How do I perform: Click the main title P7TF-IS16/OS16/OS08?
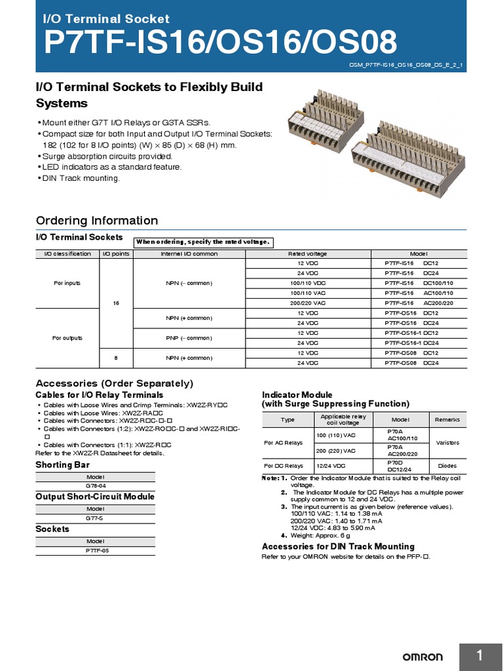[220, 43]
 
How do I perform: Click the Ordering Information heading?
[97, 221]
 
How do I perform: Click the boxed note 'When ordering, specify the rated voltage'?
[203, 242]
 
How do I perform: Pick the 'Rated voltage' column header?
[307, 254]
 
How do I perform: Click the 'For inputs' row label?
[67, 283]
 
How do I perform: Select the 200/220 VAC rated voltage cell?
[307, 303]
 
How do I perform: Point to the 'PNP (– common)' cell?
[189, 338]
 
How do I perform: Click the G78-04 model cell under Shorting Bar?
[95, 486]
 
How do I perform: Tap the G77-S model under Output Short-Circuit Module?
[95, 518]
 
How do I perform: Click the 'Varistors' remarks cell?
[448, 443]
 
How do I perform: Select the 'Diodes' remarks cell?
[448, 466]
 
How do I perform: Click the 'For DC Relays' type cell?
[284, 466]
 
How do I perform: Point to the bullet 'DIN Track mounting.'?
[81, 179]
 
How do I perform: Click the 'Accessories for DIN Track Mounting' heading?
[338, 546]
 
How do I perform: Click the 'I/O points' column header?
[115, 254]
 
